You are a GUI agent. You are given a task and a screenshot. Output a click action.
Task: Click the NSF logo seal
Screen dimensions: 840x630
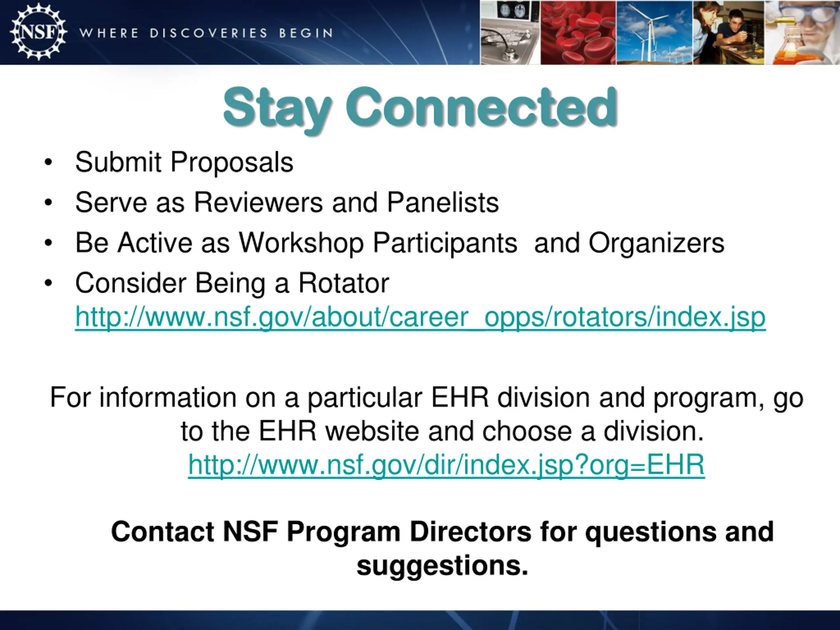[38, 32]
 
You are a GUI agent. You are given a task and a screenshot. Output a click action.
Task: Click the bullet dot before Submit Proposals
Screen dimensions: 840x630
[48, 162]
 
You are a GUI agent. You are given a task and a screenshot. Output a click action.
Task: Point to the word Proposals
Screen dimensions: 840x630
[232, 162]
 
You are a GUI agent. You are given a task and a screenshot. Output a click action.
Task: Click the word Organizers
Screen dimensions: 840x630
[657, 243]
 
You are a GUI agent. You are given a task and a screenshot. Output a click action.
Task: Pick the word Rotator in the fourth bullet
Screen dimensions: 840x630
[344, 283]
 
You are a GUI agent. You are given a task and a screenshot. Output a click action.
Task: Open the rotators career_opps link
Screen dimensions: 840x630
[420, 317]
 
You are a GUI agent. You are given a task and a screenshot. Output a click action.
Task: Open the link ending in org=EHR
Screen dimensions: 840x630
[447, 465]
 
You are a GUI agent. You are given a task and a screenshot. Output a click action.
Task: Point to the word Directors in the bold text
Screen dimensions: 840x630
[471, 532]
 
